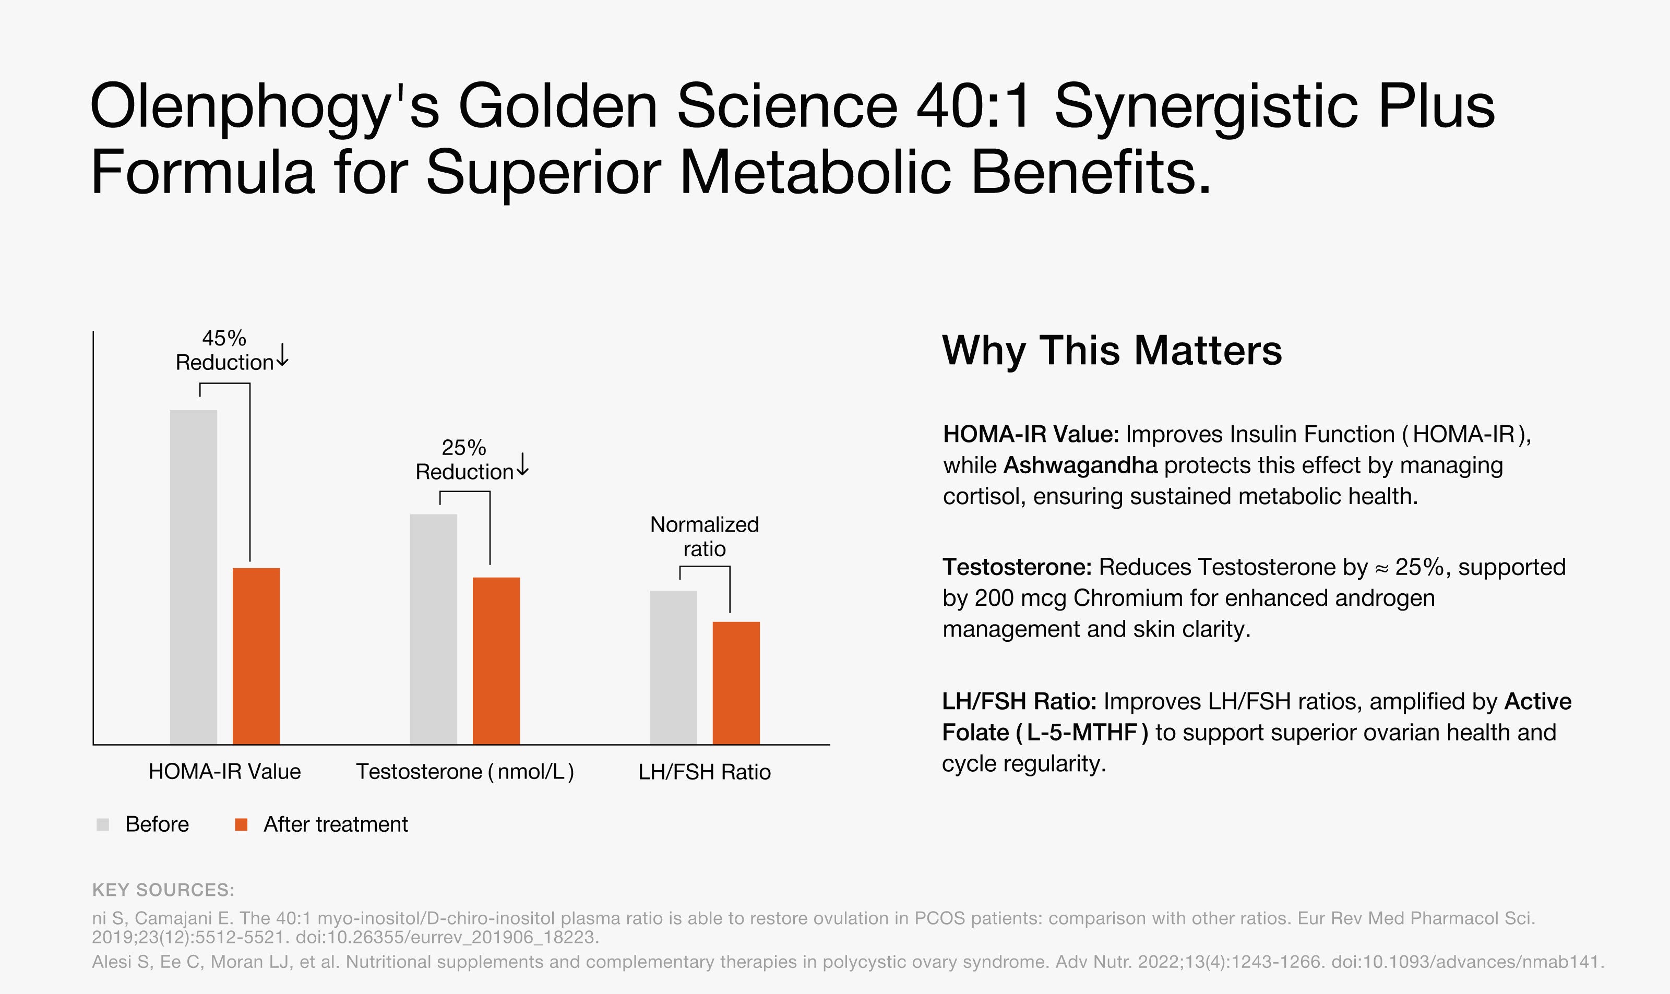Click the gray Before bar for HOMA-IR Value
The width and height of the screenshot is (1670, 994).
[194, 577]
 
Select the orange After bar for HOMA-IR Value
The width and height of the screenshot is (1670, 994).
[256, 656]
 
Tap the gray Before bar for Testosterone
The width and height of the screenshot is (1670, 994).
[433, 629]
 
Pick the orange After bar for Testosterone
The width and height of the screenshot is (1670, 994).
[496, 661]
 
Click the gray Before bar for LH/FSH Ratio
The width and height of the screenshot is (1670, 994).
[673, 667]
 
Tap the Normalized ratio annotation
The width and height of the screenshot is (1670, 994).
[705, 536]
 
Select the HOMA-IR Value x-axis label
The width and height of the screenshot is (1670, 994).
[224, 772]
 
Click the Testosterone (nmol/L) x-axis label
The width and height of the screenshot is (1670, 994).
[465, 772]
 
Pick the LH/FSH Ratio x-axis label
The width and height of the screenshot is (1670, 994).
[705, 772]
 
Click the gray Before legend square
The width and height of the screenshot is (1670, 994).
[102, 824]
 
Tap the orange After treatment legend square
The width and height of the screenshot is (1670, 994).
[241, 824]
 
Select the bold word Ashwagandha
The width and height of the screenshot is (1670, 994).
[1080, 465]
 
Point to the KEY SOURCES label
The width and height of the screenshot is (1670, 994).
[163, 890]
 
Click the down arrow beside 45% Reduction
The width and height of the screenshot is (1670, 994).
[283, 354]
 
